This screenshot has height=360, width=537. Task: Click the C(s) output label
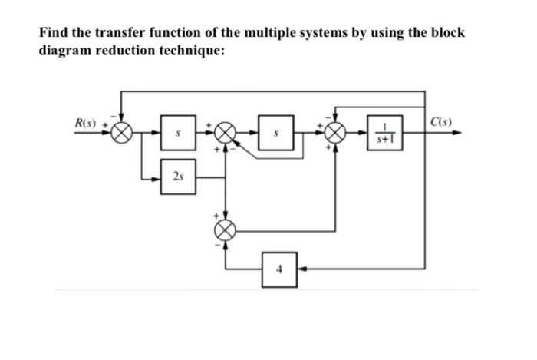tap(442, 122)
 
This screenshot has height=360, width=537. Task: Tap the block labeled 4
tap(280, 269)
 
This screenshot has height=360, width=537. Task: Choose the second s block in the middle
tap(280, 133)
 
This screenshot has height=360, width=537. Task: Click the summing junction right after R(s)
tap(122, 133)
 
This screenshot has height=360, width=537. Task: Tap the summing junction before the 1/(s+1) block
tap(334, 133)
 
